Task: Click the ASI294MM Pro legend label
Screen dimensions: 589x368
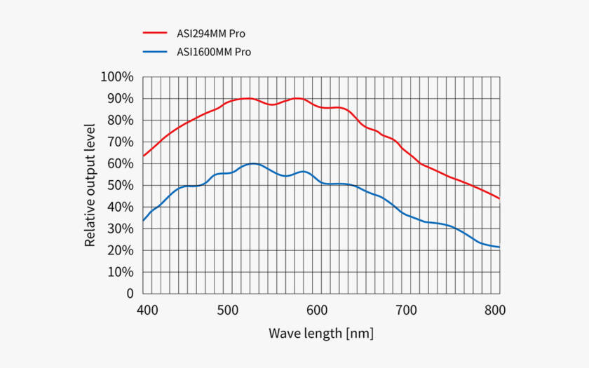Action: tap(211, 34)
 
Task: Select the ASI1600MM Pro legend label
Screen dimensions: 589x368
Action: tap(214, 52)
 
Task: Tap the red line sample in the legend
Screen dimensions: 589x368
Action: tap(155, 33)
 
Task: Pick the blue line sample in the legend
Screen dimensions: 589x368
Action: tap(155, 51)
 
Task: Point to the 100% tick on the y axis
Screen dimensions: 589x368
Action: tap(117, 77)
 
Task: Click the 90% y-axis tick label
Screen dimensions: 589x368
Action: tap(120, 99)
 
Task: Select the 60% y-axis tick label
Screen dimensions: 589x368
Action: tap(120, 164)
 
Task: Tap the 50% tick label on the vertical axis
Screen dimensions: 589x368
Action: tap(120, 186)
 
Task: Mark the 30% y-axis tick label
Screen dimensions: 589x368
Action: tap(120, 229)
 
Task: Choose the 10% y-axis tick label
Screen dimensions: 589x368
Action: tap(120, 272)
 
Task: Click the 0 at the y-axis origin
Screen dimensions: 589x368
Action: tap(130, 294)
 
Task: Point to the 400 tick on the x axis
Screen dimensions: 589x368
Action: tap(147, 311)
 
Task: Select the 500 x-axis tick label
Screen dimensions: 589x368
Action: tap(228, 311)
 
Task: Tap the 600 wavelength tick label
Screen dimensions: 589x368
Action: tap(317, 311)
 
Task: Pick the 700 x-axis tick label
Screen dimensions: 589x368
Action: tap(407, 311)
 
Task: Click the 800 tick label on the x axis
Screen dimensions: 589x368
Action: tap(495, 311)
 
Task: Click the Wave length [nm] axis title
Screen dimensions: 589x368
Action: tap(321, 334)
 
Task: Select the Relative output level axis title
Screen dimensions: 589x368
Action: tap(90, 185)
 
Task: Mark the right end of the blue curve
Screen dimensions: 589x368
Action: tap(499, 247)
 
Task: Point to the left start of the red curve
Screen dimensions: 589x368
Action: tap(143, 156)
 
